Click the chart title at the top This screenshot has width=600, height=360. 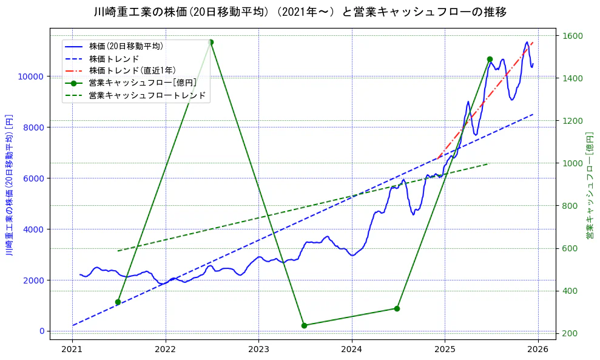[x=300, y=12]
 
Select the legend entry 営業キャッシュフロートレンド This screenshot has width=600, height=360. [x=147, y=95]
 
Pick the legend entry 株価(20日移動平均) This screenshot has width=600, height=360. [x=126, y=46]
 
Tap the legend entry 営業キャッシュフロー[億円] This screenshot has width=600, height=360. [x=142, y=83]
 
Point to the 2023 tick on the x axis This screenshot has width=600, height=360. [x=258, y=349]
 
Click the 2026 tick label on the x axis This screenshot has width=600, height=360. [x=538, y=349]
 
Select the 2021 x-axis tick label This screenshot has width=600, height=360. [x=72, y=349]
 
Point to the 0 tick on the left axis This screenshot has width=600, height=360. [x=42, y=331]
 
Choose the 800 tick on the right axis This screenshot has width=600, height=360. [x=570, y=206]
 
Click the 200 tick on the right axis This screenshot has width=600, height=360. [x=570, y=333]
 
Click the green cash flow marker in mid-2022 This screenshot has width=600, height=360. [x=211, y=42]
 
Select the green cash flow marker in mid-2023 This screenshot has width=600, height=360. [x=304, y=325]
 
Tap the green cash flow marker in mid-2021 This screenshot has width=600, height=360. [x=118, y=302]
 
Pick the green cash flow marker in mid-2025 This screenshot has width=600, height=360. [x=490, y=59]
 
